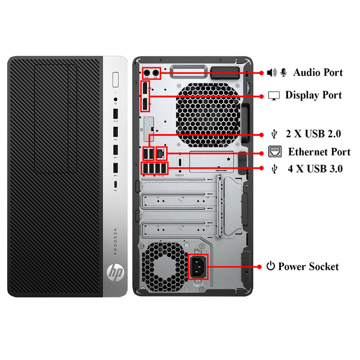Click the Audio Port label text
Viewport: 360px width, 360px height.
318,72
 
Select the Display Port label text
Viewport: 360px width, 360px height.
313,95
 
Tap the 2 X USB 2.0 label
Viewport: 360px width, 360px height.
313,134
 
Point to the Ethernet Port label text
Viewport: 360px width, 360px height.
319,152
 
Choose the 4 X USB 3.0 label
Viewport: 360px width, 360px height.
315,169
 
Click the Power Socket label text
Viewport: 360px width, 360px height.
308,266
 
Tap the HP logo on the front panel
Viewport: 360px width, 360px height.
115,273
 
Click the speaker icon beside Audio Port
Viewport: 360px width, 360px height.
272,72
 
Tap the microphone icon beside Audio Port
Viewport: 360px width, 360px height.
284,72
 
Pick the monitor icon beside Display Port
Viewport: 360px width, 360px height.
274,96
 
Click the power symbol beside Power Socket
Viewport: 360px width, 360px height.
271,266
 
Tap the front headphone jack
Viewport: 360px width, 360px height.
115,101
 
